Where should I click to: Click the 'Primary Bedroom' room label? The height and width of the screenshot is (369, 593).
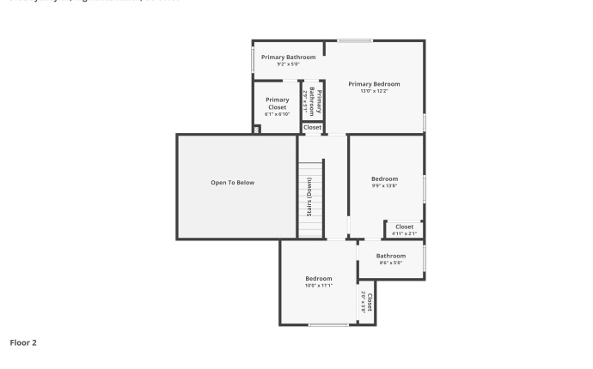(x=374, y=84)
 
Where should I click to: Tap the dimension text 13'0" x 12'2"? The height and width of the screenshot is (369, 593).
(x=374, y=91)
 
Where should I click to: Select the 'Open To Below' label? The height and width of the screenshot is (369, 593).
(x=233, y=183)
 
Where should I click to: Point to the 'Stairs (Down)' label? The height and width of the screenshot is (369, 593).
(x=309, y=197)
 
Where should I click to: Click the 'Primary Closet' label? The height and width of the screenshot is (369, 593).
(x=277, y=103)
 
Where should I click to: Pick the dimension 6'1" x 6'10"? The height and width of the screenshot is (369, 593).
(x=277, y=114)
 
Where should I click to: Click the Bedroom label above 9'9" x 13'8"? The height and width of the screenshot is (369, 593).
(x=384, y=178)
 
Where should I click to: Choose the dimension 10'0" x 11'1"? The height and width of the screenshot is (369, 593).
(x=318, y=286)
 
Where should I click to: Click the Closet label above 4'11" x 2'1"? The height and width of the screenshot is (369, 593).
(x=404, y=227)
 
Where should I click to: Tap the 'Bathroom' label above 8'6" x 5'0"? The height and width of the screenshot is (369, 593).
(x=390, y=256)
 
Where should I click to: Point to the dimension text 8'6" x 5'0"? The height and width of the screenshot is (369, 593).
(x=390, y=263)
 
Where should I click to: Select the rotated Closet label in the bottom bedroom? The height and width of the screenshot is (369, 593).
(x=370, y=301)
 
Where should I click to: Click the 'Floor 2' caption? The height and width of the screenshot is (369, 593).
(x=23, y=342)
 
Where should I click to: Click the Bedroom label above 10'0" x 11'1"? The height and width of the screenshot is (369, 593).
(x=318, y=279)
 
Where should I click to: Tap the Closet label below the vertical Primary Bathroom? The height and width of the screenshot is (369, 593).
(x=312, y=127)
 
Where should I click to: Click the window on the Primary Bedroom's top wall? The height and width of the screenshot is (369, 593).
(x=354, y=40)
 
